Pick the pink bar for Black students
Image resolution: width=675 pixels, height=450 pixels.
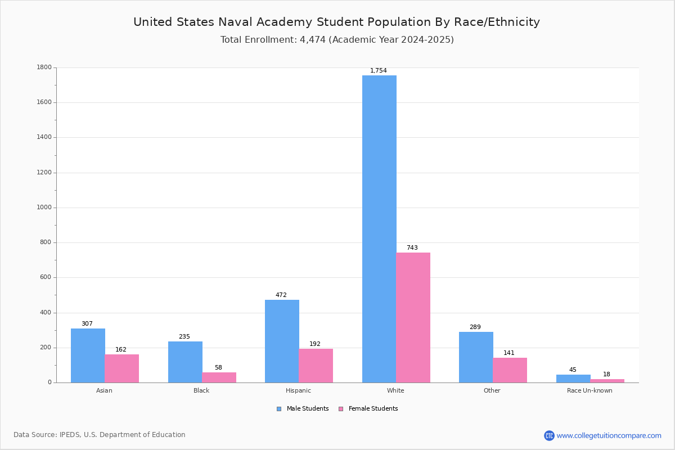(x=219, y=377)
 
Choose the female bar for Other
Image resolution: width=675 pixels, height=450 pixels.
(x=510, y=370)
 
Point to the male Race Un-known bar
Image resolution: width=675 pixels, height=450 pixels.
(x=573, y=379)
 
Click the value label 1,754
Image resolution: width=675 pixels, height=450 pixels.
(x=378, y=71)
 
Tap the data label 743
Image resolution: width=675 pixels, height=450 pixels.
(x=412, y=248)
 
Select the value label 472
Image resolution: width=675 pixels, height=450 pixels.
(x=281, y=295)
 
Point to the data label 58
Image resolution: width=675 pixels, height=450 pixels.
(x=218, y=368)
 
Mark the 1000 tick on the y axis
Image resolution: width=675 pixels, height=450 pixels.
(x=44, y=208)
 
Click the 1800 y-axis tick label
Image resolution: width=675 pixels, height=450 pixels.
(x=44, y=67)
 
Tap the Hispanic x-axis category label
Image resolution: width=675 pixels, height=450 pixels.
(x=298, y=390)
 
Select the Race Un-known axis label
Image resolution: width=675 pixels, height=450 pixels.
(x=589, y=390)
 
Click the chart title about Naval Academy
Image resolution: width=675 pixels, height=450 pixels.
(x=336, y=22)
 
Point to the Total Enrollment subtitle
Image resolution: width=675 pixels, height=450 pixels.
(x=337, y=40)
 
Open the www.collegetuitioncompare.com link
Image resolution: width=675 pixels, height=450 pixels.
(x=608, y=435)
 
